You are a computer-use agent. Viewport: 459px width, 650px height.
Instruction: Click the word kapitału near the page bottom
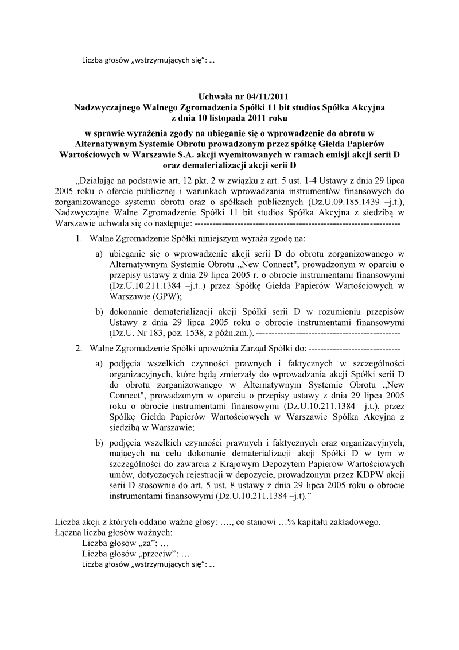pos(312,521)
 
